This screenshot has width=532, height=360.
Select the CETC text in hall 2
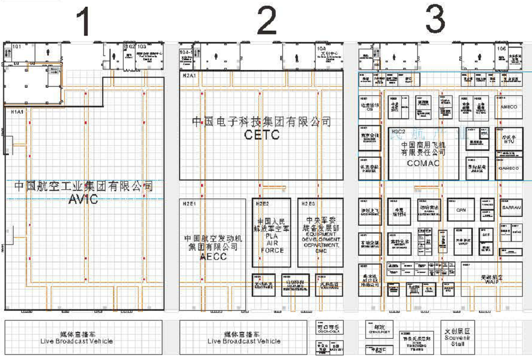click(262, 135)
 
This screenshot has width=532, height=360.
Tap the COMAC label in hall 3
click(423, 163)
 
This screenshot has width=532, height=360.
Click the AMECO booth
click(509, 107)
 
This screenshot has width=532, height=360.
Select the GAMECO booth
click(509, 168)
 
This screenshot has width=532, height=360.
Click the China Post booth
click(378, 329)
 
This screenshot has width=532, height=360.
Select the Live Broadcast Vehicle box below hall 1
click(84, 338)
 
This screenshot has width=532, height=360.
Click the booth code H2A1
click(188, 75)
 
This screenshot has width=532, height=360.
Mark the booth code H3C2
click(399, 131)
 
